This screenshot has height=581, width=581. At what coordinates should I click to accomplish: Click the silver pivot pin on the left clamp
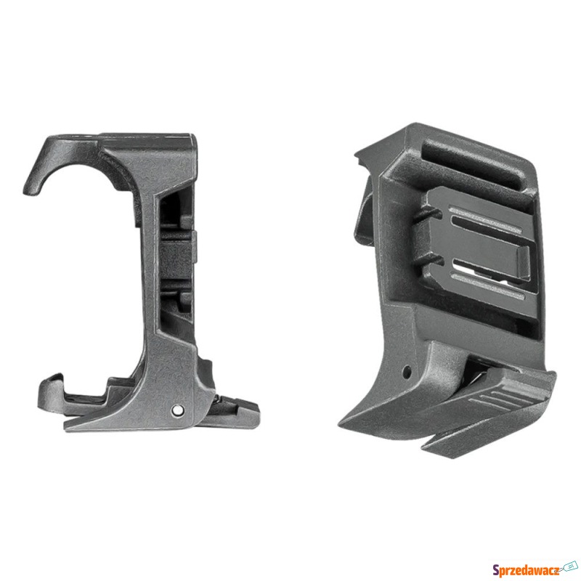click(177, 410)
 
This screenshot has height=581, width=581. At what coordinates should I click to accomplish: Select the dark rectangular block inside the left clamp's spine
click(176, 255)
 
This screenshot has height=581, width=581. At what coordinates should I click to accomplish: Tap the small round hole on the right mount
click(407, 370)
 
